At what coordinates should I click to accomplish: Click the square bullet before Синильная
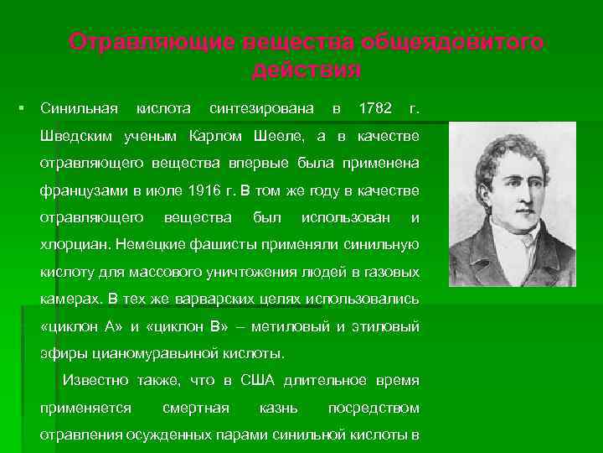coord(22,110)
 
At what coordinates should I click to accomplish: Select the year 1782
coord(374,109)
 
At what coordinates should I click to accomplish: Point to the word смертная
coord(195,408)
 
